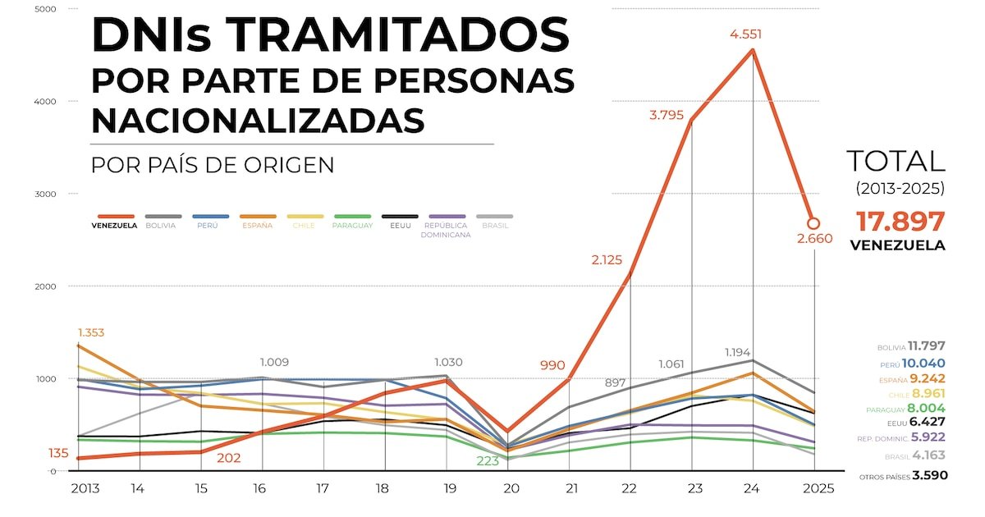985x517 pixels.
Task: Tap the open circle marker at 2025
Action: pos(813,223)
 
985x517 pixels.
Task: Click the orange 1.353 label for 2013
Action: pos(91,332)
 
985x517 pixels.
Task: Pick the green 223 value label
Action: pos(488,461)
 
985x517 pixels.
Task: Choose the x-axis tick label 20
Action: pos(511,488)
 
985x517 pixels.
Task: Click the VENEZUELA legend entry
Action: pos(114,226)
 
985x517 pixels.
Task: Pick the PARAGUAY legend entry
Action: pos(353,226)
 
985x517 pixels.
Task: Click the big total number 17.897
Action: pos(900,222)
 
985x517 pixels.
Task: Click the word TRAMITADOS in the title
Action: pos(398,34)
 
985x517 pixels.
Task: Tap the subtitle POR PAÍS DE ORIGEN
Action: pos(213,164)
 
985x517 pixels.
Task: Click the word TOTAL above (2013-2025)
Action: pos(896,161)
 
